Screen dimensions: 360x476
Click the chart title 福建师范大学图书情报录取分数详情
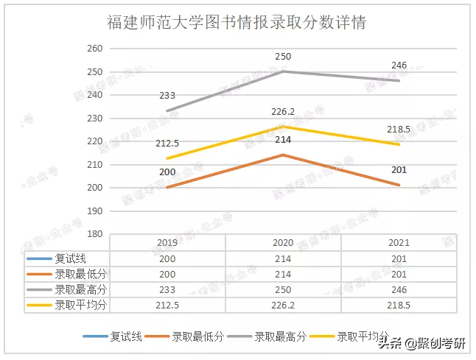(x=237, y=23)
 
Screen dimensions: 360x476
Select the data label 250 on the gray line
(x=283, y=57)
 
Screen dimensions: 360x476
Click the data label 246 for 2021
(x=399, y=66)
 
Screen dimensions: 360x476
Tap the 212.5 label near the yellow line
(x=167, y=144)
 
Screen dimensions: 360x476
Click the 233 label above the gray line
(x=167, y=96)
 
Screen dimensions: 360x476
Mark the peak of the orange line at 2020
(x=283, y=155)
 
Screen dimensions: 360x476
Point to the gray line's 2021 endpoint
(x=399, y=80)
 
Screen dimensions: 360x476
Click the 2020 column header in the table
(x=283, y=243)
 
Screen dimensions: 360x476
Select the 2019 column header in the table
(x=167, y=243)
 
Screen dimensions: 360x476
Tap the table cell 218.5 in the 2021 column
(x=399, y=305)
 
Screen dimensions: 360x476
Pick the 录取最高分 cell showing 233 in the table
(x=167, y=289)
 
